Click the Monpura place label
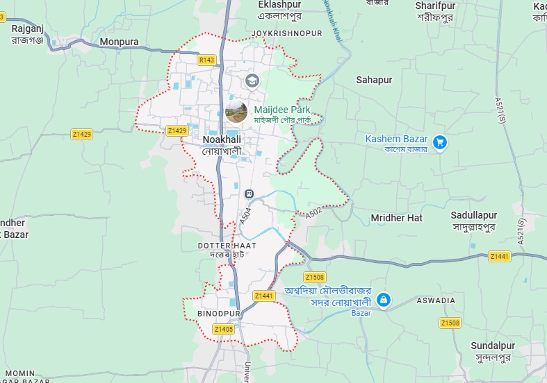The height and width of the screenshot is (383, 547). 119,42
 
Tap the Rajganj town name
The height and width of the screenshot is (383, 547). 27,28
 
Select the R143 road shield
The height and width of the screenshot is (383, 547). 206,60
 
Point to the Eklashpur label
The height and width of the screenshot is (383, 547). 279,5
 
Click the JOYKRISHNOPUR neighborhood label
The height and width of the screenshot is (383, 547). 287,33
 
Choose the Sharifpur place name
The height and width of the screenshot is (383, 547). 436,6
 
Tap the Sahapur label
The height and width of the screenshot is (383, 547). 374,80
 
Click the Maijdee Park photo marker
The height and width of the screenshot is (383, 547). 236,111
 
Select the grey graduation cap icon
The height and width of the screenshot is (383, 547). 251,80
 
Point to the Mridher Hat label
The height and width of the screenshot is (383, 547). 396,218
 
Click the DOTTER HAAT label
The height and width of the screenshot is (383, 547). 227,246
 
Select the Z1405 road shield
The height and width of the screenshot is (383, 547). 224,329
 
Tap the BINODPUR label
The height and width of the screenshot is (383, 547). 218,314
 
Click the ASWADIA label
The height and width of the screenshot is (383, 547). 436,300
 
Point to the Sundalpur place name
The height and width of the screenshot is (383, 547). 493,346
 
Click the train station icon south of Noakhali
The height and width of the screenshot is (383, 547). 249,194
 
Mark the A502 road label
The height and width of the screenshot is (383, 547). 314,213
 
